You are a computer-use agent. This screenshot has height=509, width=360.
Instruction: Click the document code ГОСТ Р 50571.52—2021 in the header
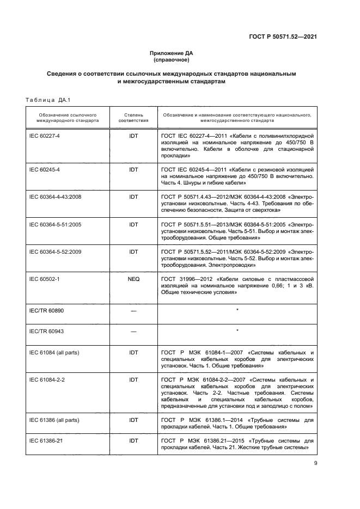(x=279, y=36)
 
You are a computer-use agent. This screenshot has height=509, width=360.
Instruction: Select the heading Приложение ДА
(x=172, y=53)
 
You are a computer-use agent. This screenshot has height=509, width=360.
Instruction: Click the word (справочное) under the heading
(x=172, y=59)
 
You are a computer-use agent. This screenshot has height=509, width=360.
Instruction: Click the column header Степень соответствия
(x=133, y=118)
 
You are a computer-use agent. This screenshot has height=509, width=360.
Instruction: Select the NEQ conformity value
(x=133, y=279)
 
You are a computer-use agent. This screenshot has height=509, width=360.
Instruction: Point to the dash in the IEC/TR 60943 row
(x=133, y=331)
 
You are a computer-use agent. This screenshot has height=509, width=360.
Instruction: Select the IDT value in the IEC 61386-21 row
(x=133, y=440)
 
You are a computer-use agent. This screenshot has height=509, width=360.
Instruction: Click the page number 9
(x=315, y=463)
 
